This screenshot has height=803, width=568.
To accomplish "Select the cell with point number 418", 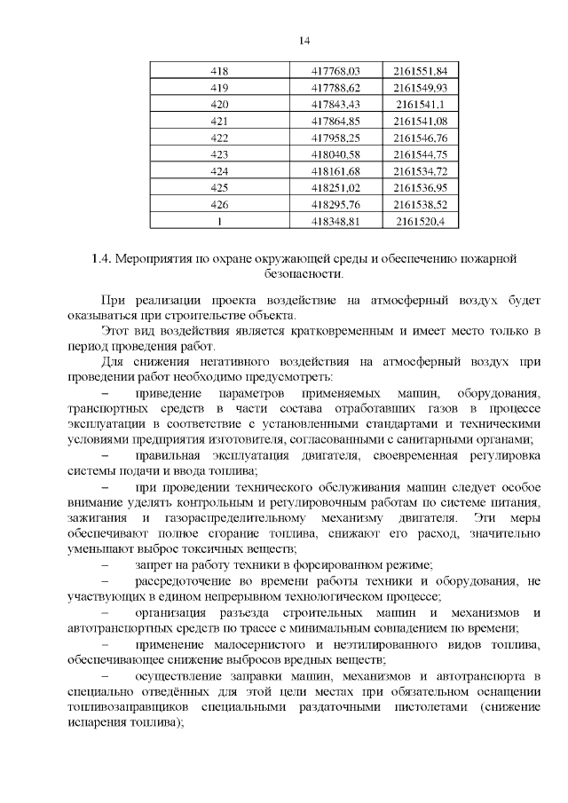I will tap(218, 71).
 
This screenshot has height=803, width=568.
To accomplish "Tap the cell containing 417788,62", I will tap(335, 88).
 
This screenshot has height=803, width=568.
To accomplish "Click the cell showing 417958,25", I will tap(335, 138).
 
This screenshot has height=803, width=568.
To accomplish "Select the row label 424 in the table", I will tap(218, 171).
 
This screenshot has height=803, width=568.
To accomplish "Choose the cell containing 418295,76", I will tap(335, 204).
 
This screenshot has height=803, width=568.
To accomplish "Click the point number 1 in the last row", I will tap(218, 221).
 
